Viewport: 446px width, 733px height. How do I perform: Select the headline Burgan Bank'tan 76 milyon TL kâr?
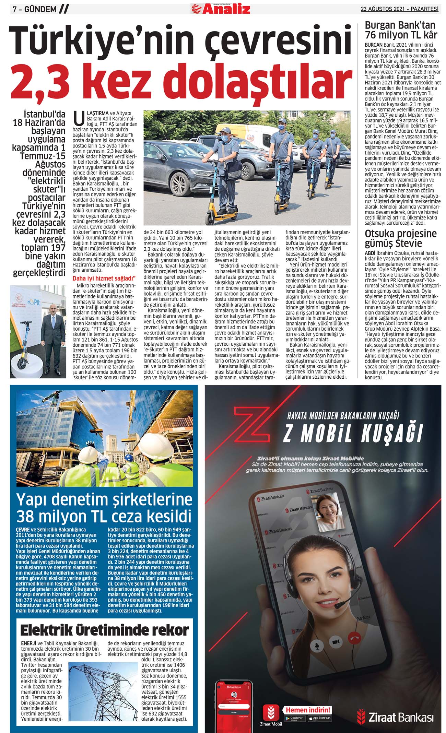tap(401, 30)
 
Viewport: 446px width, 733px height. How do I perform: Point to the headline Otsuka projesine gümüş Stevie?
tap(400, 238)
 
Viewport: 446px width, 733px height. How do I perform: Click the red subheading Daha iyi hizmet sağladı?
tap(104, 278)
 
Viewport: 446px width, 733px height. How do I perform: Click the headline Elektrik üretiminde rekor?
tap(104, 630)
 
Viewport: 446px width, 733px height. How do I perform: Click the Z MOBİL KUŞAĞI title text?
tap(353, 434)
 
